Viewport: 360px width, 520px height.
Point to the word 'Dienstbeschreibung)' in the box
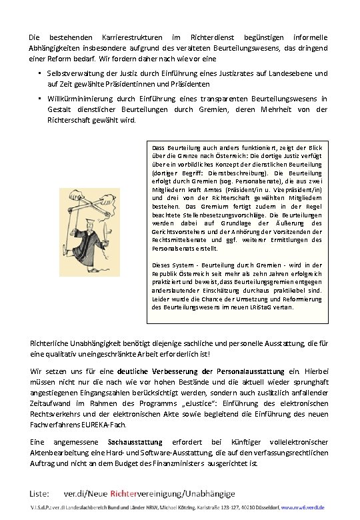229,172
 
